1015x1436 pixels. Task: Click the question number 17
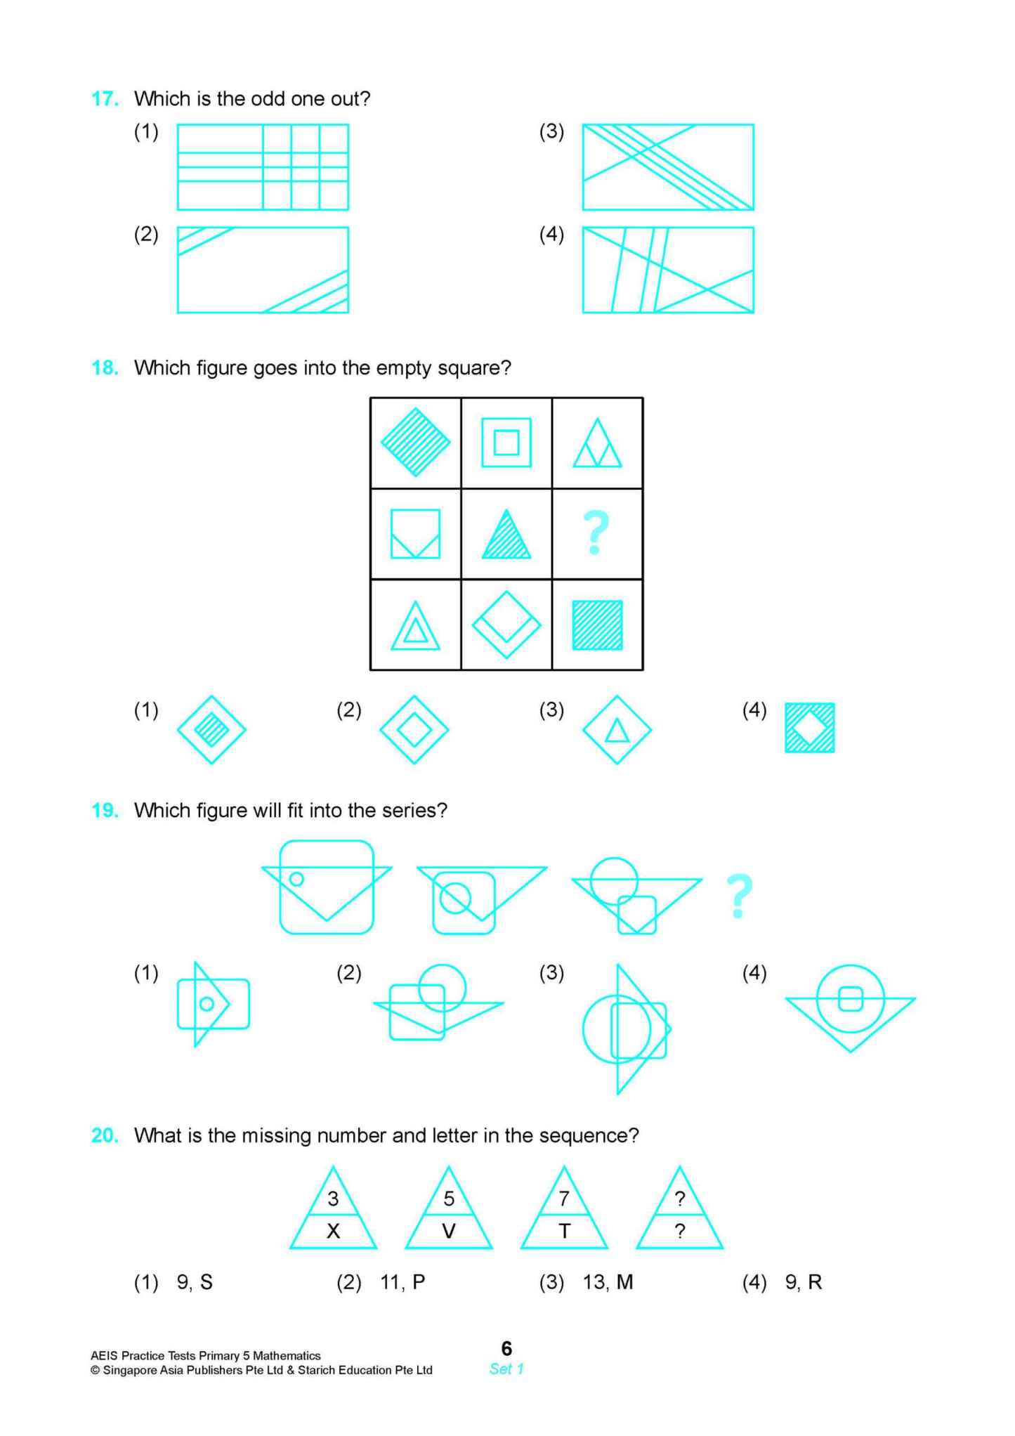click(x=105, y=99)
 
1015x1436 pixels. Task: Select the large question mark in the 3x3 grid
click(x=596, y=533)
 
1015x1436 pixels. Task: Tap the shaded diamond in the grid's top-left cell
click(x=415, y=443)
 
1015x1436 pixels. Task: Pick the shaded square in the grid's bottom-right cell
click(x=597, y=625)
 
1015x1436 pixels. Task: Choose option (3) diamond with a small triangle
click(x=617, y=730)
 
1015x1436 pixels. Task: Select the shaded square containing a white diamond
click(x=809, y=728)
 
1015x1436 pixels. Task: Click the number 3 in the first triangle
click(x=333, y=1199)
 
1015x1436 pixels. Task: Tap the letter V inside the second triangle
click(x=448, y=1231)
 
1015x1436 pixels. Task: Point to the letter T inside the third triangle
click(x=564, y=1231)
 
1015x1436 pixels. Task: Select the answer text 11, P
click(x=402, y=1282)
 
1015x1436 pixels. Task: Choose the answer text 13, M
click(x=608, y=1282)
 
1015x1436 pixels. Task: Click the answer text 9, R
click(x=804, y=1282)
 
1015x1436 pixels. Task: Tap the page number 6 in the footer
click(x=506, y=1348)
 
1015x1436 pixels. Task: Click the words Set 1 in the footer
click(x=506, y=1369)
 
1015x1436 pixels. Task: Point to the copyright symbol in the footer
click(x=95, y=1370)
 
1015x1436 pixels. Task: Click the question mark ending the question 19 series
click(x=738, y=896)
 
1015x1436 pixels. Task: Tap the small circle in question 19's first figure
click(x=296, y=879)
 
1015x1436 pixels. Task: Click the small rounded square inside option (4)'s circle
click(x=850, y=998)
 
